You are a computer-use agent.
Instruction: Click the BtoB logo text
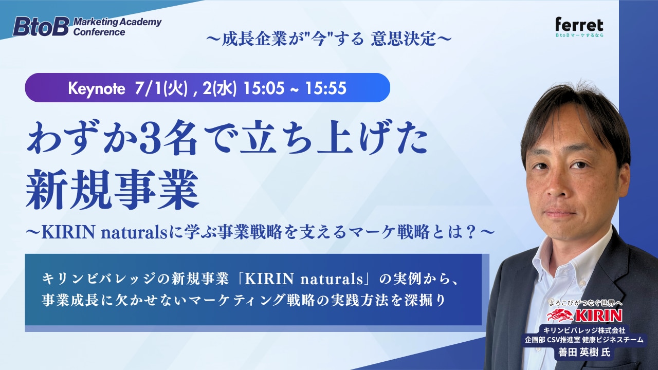pos(41,26)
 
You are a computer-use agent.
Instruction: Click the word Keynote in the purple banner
pos(96,88)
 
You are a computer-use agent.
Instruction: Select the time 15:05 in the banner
pos(264,88)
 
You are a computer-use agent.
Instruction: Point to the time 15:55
pos(326,88)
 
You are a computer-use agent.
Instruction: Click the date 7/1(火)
pos(161,88)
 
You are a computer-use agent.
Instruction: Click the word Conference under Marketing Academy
pos(99,32)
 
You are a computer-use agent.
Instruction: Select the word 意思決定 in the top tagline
pos(404,39)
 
